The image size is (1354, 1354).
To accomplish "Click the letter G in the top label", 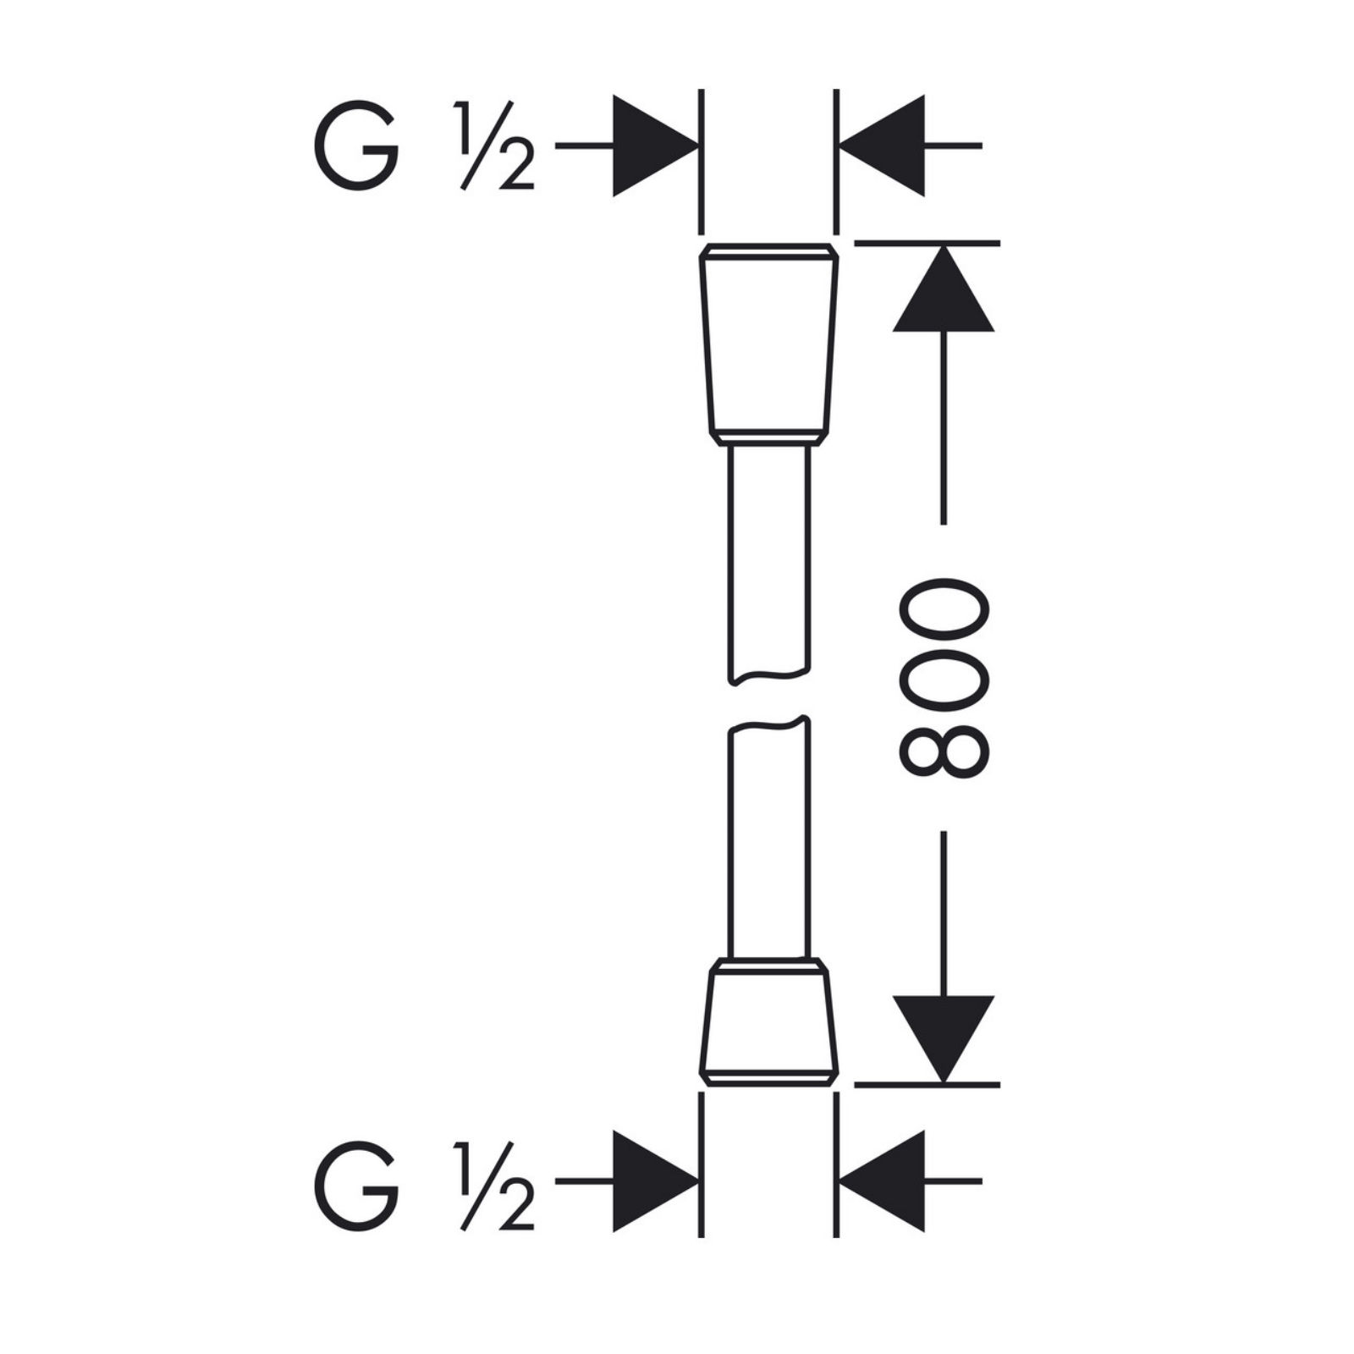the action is point(357,146).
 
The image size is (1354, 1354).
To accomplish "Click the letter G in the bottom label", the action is point(357,1186).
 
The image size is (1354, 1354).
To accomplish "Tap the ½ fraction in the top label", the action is point(494,146).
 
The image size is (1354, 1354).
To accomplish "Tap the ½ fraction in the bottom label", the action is point(494,1186).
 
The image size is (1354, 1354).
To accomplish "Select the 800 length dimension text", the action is point(944,678).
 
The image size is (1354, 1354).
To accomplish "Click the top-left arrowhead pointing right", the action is point(655,146).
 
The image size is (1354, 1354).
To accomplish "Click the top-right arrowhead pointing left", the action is point(881,146).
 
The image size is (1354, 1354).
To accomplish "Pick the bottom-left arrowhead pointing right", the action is point(655,1181).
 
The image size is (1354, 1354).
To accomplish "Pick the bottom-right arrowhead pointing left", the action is point(881,1181).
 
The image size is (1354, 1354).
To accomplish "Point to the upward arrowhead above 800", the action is point(944,288).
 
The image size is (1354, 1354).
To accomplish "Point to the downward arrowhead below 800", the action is point(944,1039).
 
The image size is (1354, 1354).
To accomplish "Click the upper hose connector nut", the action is point(769,344).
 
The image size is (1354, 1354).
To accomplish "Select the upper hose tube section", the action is point(769,564).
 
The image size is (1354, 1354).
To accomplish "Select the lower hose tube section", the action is point(769,838).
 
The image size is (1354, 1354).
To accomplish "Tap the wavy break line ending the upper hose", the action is point(769,676).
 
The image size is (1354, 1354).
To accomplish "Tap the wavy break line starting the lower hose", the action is point(769,725).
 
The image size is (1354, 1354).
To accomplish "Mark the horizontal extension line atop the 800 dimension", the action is point(927,243).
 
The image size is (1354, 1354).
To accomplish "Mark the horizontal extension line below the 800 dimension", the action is point(927,1084).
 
